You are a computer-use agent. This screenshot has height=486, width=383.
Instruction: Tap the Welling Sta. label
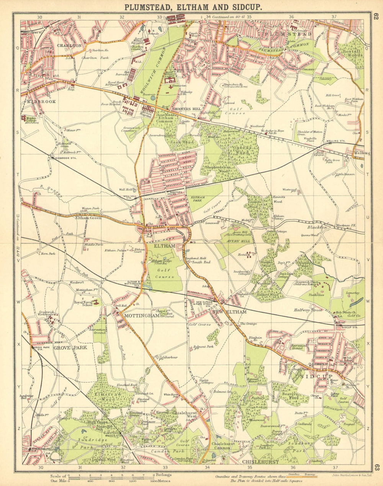(x=336, y=141)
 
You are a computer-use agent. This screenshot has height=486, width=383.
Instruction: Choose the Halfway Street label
(x=308, y=310)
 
